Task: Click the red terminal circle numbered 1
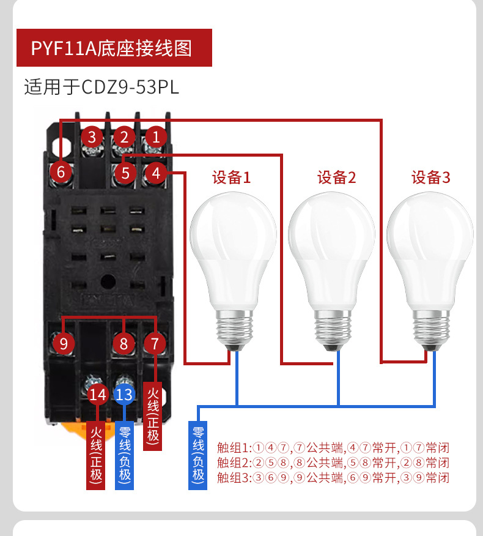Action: tap(156, 136)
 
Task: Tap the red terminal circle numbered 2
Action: tap(124, 136)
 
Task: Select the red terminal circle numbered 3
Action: tap(92, 136)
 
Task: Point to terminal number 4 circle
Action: tap(156, 173)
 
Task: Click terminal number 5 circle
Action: tap(125, 173)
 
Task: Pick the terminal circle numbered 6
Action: tap(61, 172)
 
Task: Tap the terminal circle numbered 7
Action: tap(155, 344)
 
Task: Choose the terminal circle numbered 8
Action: tap(124, 344)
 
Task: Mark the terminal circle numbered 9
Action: tap(64, 344)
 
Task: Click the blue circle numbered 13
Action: tap(124, 395)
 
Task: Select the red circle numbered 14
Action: tap(98, 395)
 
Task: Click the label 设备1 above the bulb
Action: tap(231, 178)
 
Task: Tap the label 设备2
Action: tap(336, 178)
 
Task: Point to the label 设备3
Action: tap(430, 178)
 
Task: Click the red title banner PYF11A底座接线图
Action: tap(114, 48)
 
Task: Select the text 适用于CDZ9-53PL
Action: tap(101, 87)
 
